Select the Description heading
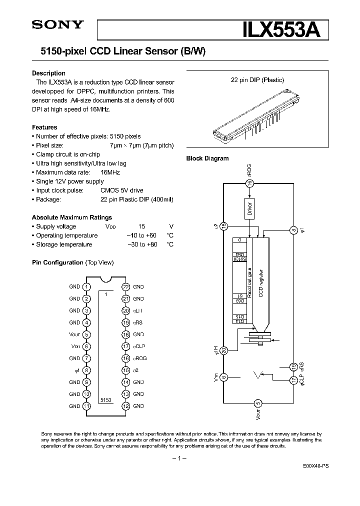point(48,73)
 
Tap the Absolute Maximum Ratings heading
point(71,217)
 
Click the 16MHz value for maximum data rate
point(110,172)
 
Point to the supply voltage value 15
point(141,226)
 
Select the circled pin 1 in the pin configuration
point(87,287)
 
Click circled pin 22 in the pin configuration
point(125,287)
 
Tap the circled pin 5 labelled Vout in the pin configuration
point(87,334)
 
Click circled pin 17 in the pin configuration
point(125,346)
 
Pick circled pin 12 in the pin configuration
point(125,406)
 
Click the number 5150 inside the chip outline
point(105,400)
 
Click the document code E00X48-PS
point(315,465)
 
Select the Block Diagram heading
point(207,158)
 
